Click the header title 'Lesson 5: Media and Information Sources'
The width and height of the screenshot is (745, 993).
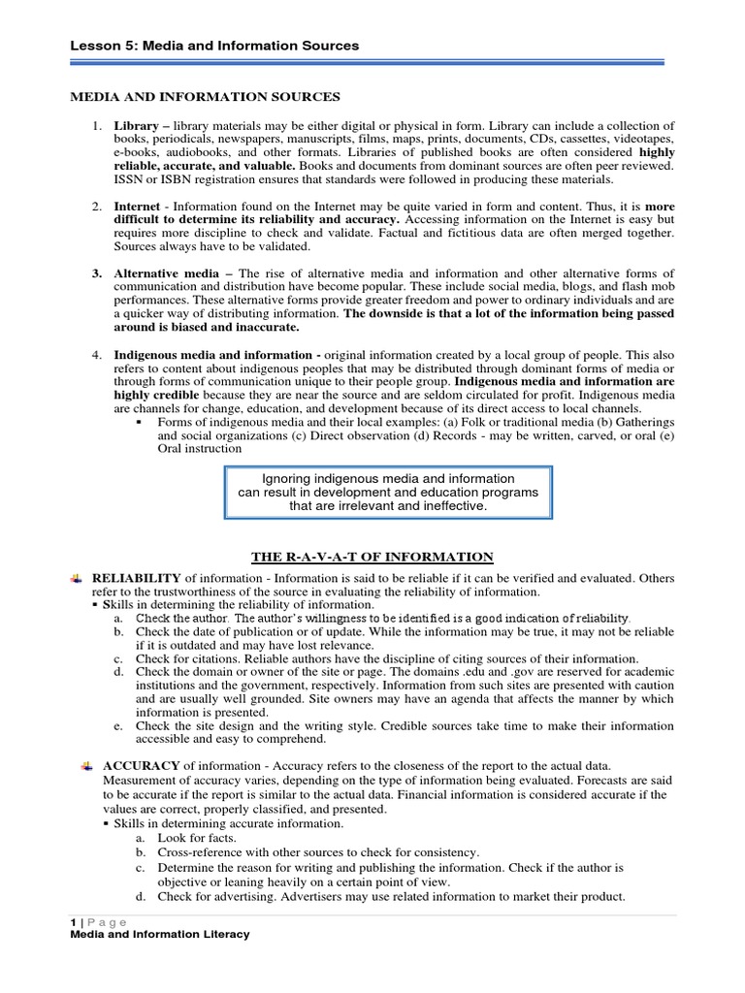pyautogui.click(x=214, y=46)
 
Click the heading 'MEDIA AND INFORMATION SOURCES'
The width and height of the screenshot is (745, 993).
pyautogui.click(x=202, y=96)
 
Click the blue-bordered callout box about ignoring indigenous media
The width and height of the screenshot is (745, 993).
pyautogui.click(x=388, y=493)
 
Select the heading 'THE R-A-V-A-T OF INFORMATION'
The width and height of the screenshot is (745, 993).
pyautogui.click(x=372, y=557)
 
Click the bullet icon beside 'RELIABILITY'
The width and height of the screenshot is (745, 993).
pyautogui.click(x=78, y=578)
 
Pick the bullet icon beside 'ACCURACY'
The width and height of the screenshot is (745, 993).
pyautogui.click(x=88, y=765)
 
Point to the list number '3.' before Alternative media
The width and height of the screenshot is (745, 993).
pyautogui.click(x=98, y=273)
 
